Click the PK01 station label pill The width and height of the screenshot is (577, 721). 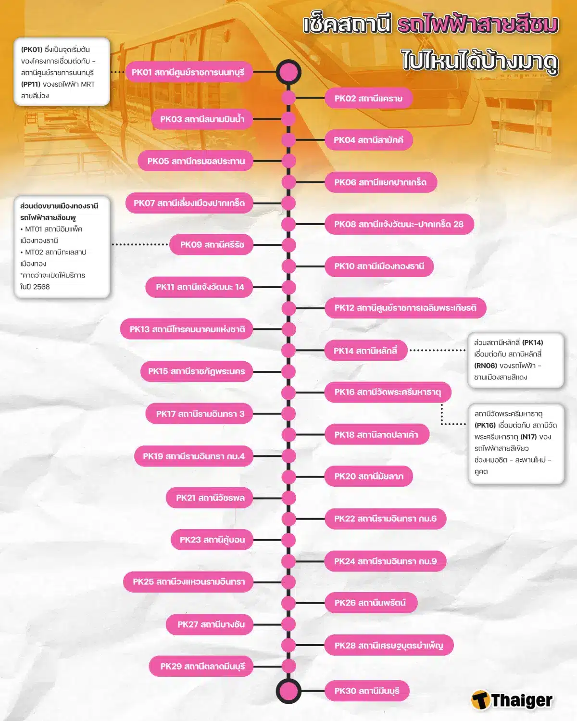pos(188,72)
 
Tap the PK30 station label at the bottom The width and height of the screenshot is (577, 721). pos(367,691)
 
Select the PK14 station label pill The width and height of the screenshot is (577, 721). pos(365,351)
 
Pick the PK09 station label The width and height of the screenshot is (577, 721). pos(212,245)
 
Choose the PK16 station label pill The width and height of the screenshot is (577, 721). pos(388,392)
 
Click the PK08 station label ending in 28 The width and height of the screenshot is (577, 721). pos(399,224)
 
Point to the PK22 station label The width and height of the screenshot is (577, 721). pos(385,519)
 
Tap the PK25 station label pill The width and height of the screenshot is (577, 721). pos(188,582)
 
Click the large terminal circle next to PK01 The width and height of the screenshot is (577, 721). pos(288,72)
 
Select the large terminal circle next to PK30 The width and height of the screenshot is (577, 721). pos(288,691)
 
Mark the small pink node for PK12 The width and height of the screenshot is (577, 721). pos(288,308)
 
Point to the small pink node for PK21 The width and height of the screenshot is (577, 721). pos(288,498)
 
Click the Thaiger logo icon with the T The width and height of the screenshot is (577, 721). pos(480,700)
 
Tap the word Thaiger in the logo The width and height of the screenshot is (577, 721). pos(522,701)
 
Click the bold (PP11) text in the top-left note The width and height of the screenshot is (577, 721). pos(30,84)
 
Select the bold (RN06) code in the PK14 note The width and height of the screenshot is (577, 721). pos(486,366)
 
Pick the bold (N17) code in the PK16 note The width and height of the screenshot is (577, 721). pos(528,437)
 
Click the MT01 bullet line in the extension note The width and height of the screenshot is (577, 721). pos(51,229)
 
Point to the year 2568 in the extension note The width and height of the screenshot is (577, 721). pos(41,287)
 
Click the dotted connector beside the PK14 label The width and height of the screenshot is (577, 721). pos(437,350)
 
